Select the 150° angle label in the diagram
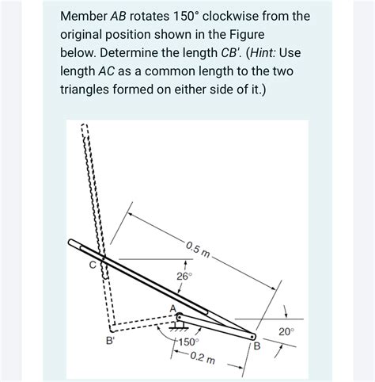pos(187,342)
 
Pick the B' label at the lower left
pos(111,342)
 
